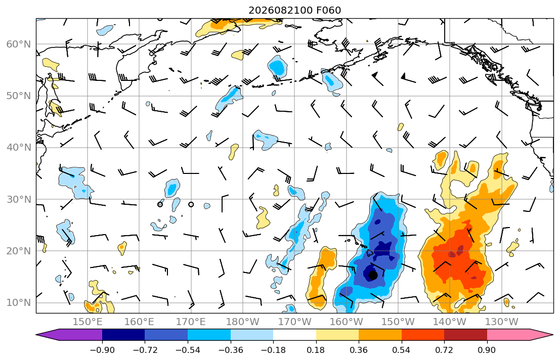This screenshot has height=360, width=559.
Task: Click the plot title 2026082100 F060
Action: [294, 10]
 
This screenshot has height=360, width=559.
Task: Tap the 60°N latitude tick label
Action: [19, 44]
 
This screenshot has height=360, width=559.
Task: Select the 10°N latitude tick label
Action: [19, 303]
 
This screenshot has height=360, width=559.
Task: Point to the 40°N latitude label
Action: [19, 148]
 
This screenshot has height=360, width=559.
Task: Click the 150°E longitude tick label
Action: [88, 322]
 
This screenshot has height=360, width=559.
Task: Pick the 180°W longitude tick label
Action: [243, 322]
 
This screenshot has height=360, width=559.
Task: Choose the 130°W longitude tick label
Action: [502, 322]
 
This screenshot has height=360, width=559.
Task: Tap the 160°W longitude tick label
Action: [346, 322]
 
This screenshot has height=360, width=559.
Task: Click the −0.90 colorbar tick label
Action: [102, 350]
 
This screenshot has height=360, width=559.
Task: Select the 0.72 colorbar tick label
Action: [444, 350]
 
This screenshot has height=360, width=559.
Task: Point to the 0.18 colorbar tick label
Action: [316, 350]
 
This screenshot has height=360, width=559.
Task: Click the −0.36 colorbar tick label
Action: [231, 350]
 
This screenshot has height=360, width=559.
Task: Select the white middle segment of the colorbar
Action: [294, 335]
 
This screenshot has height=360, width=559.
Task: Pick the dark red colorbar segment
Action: [465, 335]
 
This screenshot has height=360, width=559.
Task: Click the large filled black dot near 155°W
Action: [372, 275]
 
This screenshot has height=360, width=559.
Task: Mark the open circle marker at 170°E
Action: [191, 204]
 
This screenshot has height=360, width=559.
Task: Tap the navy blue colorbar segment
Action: [123, 335]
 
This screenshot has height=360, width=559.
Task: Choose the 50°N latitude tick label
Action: [19, 96]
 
